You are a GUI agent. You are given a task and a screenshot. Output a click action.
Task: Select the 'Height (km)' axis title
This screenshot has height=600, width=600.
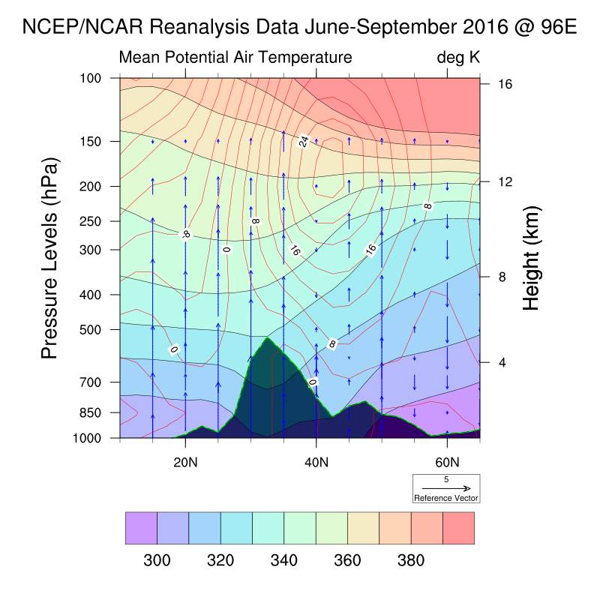click(x=532, y=257)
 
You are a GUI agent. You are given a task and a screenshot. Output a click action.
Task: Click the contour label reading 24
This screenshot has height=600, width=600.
click(x=304, y=141)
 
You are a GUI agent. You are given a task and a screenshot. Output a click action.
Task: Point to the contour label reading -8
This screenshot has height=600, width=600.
click(x=186, y=234)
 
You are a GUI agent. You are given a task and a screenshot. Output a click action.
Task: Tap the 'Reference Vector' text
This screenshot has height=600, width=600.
click(x=446, y=498)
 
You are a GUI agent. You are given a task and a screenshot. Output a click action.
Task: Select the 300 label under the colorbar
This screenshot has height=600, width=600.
click(x=157, y=560)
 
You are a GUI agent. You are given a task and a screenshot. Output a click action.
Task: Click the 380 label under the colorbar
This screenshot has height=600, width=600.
click(x=412, y=560)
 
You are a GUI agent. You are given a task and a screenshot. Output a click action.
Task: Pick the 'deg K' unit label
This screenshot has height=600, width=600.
click(x=458, y=58)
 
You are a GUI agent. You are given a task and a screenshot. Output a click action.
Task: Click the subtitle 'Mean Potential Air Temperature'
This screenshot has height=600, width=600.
click(x=235, y=58)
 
